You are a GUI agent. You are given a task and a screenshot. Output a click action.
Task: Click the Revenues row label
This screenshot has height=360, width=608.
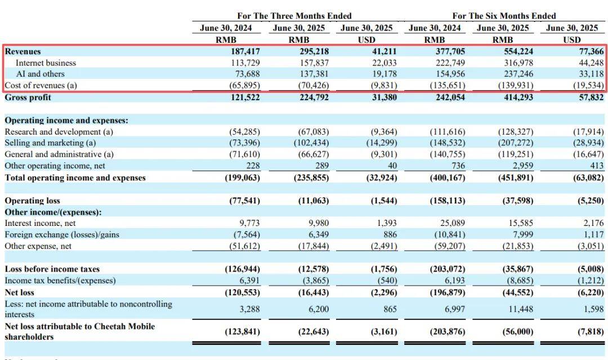[x=23, y=52]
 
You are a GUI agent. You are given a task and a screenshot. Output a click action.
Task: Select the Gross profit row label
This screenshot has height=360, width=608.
[x=28, y=97]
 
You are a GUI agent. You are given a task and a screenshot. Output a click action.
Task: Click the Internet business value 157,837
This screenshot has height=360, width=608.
[x=313, y=63]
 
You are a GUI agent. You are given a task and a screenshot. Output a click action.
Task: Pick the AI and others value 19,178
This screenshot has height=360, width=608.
[x=384, y=74]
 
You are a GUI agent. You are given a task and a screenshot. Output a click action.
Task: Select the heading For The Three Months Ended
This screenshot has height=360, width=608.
[x=294, y=16]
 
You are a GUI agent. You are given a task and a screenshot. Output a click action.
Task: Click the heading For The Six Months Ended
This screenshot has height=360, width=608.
[x=504, y=16]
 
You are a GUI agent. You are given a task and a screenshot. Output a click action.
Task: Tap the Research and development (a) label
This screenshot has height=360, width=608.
[x=59, y=132]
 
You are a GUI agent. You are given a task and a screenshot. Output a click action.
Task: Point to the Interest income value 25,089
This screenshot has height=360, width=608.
[x=451, y=224]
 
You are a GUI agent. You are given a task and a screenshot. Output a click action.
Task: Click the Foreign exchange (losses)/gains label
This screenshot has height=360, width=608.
[x=62, y=235]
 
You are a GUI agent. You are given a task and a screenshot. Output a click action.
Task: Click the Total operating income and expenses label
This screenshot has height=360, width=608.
[x=75, y=178]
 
